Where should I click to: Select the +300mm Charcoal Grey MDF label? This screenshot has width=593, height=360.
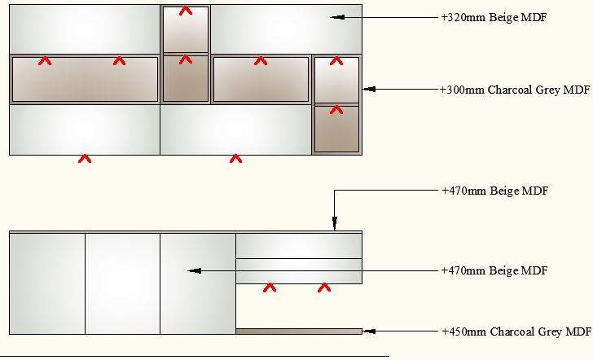514,90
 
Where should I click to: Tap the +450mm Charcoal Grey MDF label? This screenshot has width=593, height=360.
516,331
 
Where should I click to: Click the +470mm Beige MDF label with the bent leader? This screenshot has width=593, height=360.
494,191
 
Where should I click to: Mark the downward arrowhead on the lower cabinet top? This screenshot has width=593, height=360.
334,226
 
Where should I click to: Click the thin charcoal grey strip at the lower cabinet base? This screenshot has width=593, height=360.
298,331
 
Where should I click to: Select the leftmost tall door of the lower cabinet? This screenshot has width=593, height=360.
47,283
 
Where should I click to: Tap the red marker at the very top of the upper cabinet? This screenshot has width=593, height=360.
186,11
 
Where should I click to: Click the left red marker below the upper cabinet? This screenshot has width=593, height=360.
84,159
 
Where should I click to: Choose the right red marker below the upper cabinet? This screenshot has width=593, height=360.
235,159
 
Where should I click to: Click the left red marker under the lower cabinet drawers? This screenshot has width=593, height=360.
269,288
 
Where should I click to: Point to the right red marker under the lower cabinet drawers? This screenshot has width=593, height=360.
324,288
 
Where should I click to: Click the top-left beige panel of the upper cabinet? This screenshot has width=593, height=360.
84,29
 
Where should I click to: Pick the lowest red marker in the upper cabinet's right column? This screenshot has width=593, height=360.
336,109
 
